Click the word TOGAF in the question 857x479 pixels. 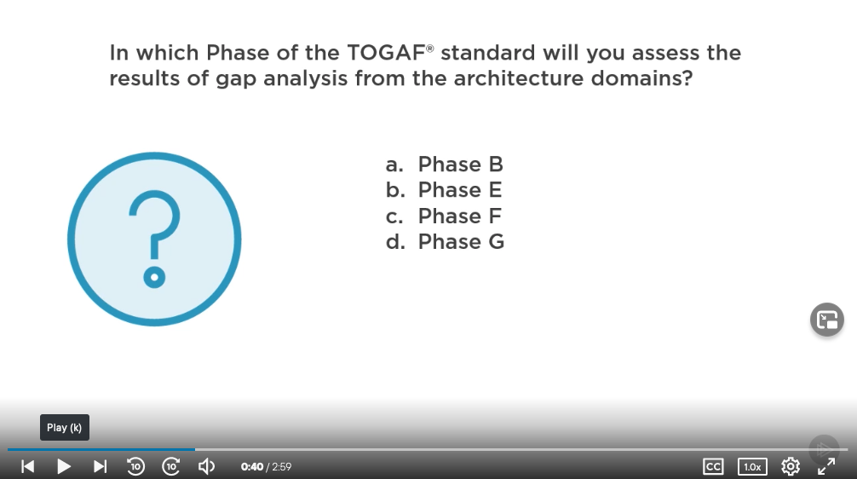pos(387,53)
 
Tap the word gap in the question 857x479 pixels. pos(236,79)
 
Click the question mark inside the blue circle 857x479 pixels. pos(155,239)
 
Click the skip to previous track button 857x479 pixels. pos(27,466)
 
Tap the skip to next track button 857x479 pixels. pos(100,466)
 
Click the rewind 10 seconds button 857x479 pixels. pos(135,466)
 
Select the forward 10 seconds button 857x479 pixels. pos(171,466)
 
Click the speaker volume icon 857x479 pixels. pos(207,466)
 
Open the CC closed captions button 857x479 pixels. pos(713,466)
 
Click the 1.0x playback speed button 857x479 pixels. pos(752,466)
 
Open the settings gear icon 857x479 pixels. pos(791,466)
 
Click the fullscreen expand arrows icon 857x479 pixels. pos(826,466)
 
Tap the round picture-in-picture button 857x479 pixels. pos(827,320)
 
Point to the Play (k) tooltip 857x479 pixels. pos(65,428)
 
